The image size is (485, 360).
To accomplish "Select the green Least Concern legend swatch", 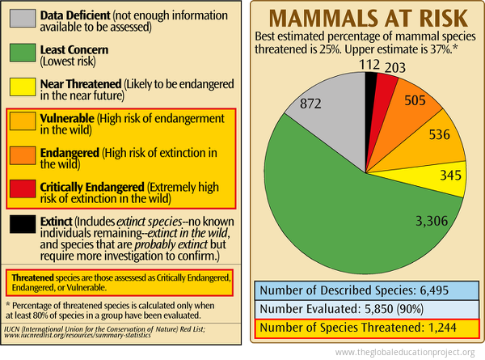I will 21,55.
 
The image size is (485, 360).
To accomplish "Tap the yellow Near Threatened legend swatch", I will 21,91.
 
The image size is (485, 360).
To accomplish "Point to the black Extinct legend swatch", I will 21,227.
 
